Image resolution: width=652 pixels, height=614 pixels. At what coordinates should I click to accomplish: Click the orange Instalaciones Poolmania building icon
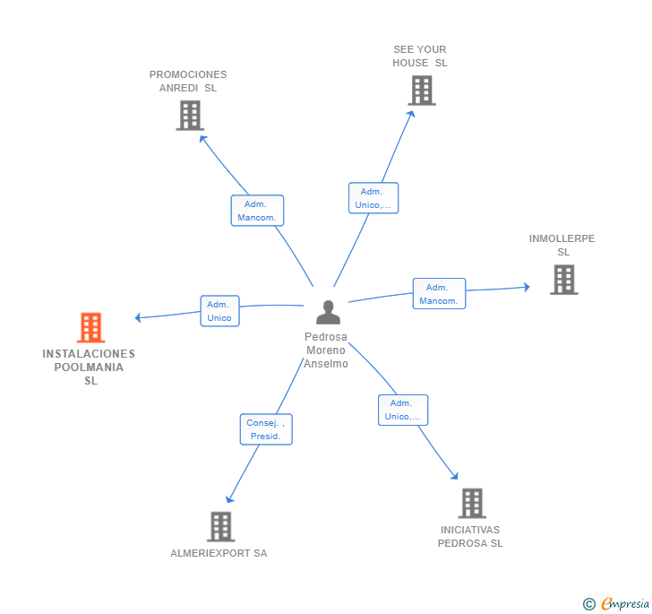coord(90,328)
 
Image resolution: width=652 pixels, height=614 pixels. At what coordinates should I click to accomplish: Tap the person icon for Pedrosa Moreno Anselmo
coord(329,313)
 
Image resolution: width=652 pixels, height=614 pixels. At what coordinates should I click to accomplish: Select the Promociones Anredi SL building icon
coord(190,116)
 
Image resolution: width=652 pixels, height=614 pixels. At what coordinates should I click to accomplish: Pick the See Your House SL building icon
coord(421,91)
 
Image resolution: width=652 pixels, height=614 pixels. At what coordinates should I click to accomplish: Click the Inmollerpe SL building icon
coord(563,280)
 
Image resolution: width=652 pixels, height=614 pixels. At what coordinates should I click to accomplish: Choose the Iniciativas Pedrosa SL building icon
coord(472,504)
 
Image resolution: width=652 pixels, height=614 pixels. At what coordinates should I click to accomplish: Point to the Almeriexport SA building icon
coord(220,527)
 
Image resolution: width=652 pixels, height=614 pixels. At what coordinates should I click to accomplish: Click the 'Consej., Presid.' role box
coord(266,429)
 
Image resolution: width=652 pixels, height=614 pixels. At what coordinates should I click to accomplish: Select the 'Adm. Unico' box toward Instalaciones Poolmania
coord(219,311)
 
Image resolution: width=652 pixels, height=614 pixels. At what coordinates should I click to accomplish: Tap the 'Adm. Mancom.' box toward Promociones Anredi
coord(257,211)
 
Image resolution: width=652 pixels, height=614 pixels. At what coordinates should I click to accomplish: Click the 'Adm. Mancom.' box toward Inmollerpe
coord(439,294)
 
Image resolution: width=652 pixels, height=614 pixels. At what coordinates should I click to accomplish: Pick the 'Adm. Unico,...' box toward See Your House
coord(373,198)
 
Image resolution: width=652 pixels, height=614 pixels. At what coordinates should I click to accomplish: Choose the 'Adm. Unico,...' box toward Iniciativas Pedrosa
coord(402,410)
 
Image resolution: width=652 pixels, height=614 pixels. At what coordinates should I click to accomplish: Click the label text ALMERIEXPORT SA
coord(219,553)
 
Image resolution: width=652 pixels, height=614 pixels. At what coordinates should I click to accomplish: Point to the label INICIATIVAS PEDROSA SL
coord(470,536)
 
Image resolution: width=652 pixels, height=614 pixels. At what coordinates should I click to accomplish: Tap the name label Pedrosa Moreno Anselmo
coord(326,350)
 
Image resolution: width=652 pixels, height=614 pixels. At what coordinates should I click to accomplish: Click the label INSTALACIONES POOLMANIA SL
coord(89,367)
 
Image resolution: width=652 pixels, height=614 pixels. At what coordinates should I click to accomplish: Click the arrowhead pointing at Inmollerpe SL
coord(527,287)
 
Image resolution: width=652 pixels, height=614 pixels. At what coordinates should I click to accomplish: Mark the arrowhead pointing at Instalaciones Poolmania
coord(138,317)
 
